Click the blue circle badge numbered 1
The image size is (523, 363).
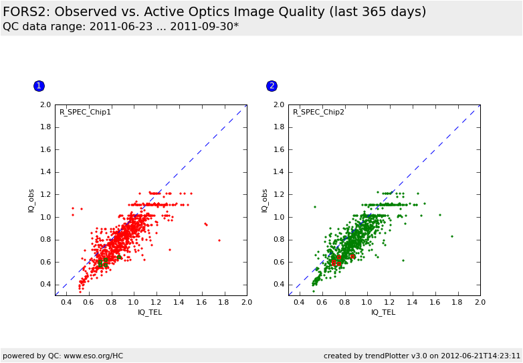coord(39,86)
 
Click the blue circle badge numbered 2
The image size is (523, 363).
coord(272,86)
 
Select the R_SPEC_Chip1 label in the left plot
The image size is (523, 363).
coord(85,112)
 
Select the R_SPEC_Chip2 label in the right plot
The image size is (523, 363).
coord(318,112)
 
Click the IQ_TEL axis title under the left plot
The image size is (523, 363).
coord(150,312)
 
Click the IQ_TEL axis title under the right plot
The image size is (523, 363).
coord(383,312)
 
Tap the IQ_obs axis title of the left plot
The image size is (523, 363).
coord(31,200)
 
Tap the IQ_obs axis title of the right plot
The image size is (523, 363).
coord(265,200)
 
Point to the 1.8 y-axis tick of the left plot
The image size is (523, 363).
coord(45,127)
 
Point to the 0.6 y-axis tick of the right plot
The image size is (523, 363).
coord(279,262)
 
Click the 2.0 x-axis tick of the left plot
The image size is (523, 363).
coord(247,303)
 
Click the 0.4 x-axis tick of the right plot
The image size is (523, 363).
coord(299,303)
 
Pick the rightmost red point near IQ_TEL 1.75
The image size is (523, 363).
coord(219,240)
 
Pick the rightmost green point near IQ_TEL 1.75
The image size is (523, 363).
coord(451,236)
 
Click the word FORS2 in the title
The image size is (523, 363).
coord(25,12)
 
